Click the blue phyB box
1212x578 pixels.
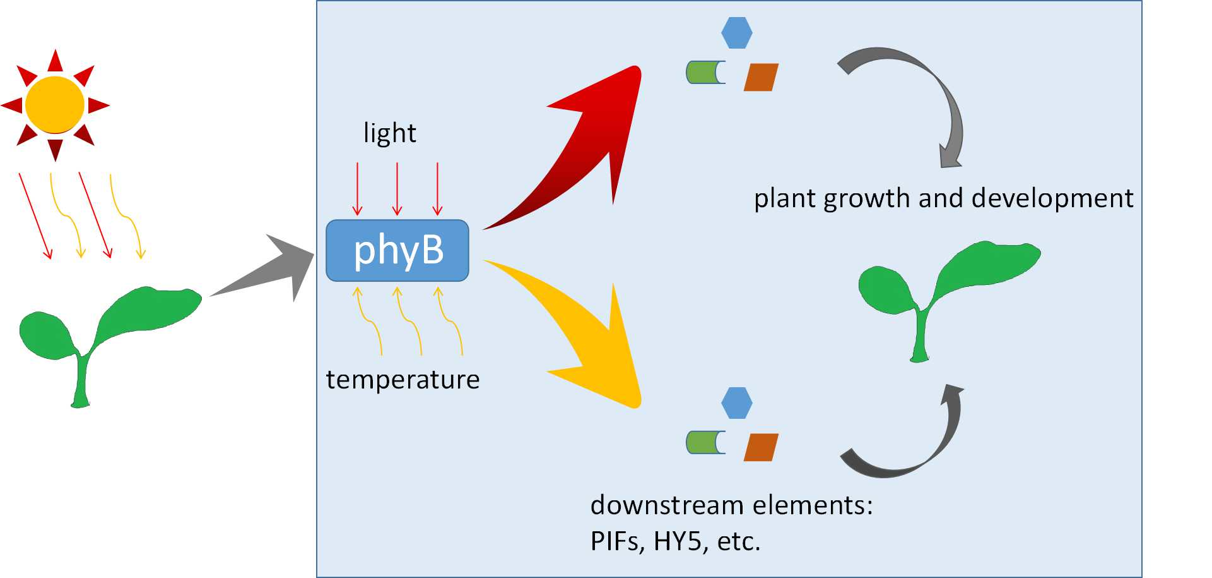397,251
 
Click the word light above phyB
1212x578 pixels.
389,133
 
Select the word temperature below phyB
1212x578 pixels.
403,380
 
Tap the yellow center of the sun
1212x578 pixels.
55,105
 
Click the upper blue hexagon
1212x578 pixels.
736,33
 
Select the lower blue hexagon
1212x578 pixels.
736,403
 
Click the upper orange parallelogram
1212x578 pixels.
761,77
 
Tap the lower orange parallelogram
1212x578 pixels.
761,447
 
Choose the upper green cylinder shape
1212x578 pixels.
703,73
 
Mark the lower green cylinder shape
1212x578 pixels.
703,442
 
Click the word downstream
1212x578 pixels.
662,505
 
